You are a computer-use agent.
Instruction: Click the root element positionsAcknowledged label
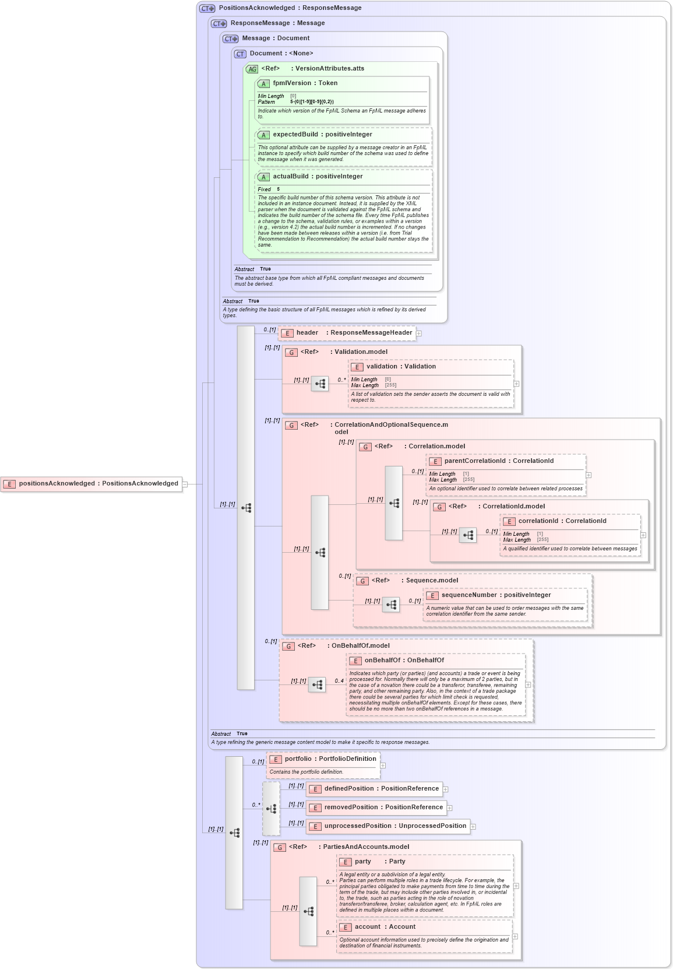click(98, 483)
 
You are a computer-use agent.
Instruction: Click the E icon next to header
click(287, 333)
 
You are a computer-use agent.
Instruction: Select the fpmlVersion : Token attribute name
click(305, 83)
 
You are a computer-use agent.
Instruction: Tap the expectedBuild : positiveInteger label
click(322, 135)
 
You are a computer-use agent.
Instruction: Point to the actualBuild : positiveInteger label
click(317, 177)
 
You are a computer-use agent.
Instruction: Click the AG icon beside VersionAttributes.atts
click(252, 69)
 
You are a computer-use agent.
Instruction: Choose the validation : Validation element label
click(400, 367)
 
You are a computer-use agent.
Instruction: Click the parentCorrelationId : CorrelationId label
click(498, 461)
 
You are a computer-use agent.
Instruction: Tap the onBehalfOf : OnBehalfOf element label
click(404, 661)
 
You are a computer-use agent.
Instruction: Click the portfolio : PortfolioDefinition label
click(330, 759)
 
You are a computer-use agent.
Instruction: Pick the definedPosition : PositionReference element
click(381, 789)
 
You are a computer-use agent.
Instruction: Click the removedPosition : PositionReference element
click(383, 807)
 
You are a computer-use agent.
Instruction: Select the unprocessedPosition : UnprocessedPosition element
click(394, 826)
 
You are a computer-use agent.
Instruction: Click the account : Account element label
click(385, 927)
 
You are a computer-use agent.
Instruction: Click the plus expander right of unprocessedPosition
click(473, 827)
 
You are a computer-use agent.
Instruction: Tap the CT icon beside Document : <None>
click(240, 54)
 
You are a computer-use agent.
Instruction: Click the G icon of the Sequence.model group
click(362, 581)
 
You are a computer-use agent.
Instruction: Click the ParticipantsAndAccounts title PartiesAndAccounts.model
click(365, 847)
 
